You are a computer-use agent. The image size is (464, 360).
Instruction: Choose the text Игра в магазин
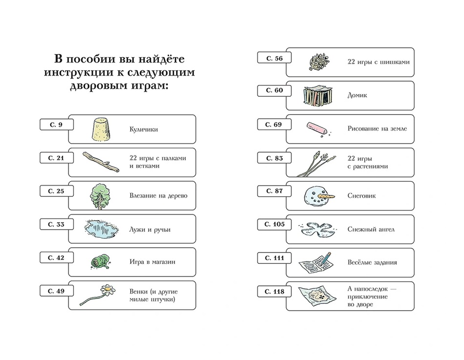[x=153, y=262]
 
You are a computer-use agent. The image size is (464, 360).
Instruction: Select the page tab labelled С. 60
[x=274, y=91]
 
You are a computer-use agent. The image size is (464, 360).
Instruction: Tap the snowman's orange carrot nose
[x=325, y=196]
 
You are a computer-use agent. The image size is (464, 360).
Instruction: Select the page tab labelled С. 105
[x=274, y=224]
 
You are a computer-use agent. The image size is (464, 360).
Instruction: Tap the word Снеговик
[x=361, y=196]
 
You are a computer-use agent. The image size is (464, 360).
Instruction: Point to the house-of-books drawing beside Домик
[x=318, y=95]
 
